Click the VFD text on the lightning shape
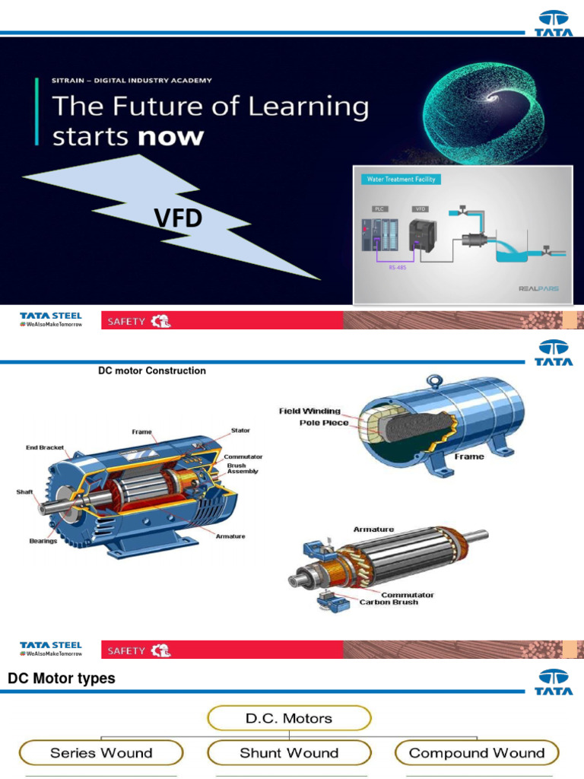[179, 219]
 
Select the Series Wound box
[101, 753]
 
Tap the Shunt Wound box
[289, 753]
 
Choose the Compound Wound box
[477, 753]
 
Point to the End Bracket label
[45, 448]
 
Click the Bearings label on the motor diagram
[43, 541]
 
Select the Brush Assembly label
[243, 468]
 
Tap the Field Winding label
[310, 411]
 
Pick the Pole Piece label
[324, 422]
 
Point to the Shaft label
[25, 492]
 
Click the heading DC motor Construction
[152, 370]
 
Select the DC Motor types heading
[62, 678]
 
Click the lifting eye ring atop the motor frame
[434, 379]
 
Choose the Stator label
[240, 431]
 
